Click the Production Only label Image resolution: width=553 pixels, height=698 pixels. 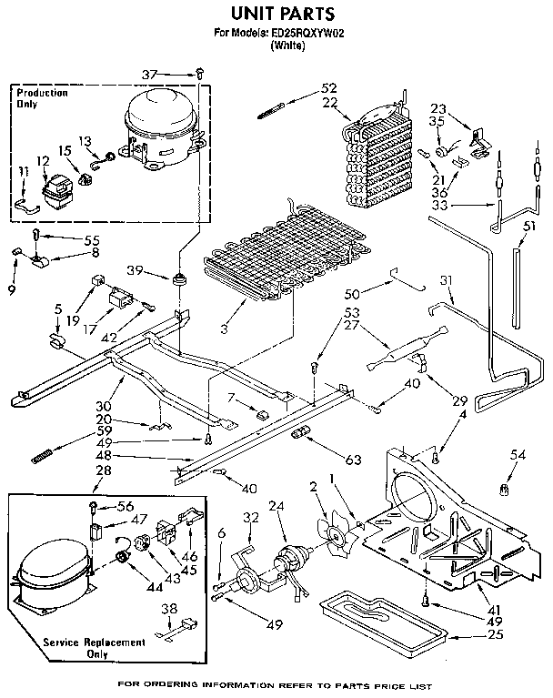click(42, 98)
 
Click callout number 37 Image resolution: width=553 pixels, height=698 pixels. click(175, 74)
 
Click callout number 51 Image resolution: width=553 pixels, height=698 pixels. click(529, 226)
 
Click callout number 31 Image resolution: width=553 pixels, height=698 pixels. click(446, 279)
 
